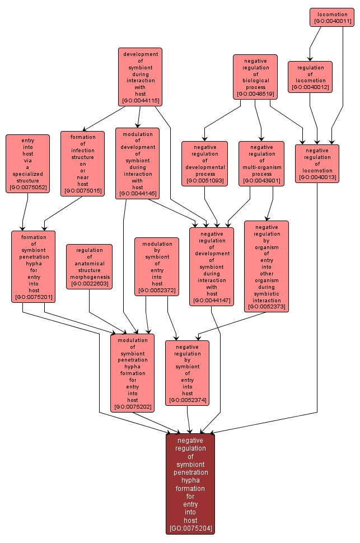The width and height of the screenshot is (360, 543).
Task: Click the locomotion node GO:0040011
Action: [x=332, y=17]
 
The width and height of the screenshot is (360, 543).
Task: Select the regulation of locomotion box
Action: [x=310, y=77]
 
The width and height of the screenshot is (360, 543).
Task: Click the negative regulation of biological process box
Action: [x=255, y=77]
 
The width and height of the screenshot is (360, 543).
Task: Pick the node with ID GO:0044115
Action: [x=141, y=77]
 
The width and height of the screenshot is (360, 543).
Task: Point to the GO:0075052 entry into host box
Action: [x=28, y=163]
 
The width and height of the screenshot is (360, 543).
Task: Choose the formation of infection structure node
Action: [x=83, y=163]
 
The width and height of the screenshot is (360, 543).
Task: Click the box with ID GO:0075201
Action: [x=34, y=266]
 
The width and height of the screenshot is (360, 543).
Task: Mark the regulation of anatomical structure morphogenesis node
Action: [x=90, y=266]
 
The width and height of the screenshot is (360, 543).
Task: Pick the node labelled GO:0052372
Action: [x=157, y=266]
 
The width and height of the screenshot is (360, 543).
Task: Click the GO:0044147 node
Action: [x=212, y=266]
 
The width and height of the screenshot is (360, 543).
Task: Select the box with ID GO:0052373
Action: [x=267, y=266]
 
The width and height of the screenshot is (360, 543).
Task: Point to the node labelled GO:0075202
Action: [x=133, y=373]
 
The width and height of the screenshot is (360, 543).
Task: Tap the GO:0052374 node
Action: [x=188, y=373]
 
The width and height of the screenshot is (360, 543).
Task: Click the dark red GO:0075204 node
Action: [x=190, y=484]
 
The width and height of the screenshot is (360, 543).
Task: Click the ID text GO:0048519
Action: [x=255, y=94]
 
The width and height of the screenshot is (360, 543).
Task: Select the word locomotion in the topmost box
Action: [x=332, y=14]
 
